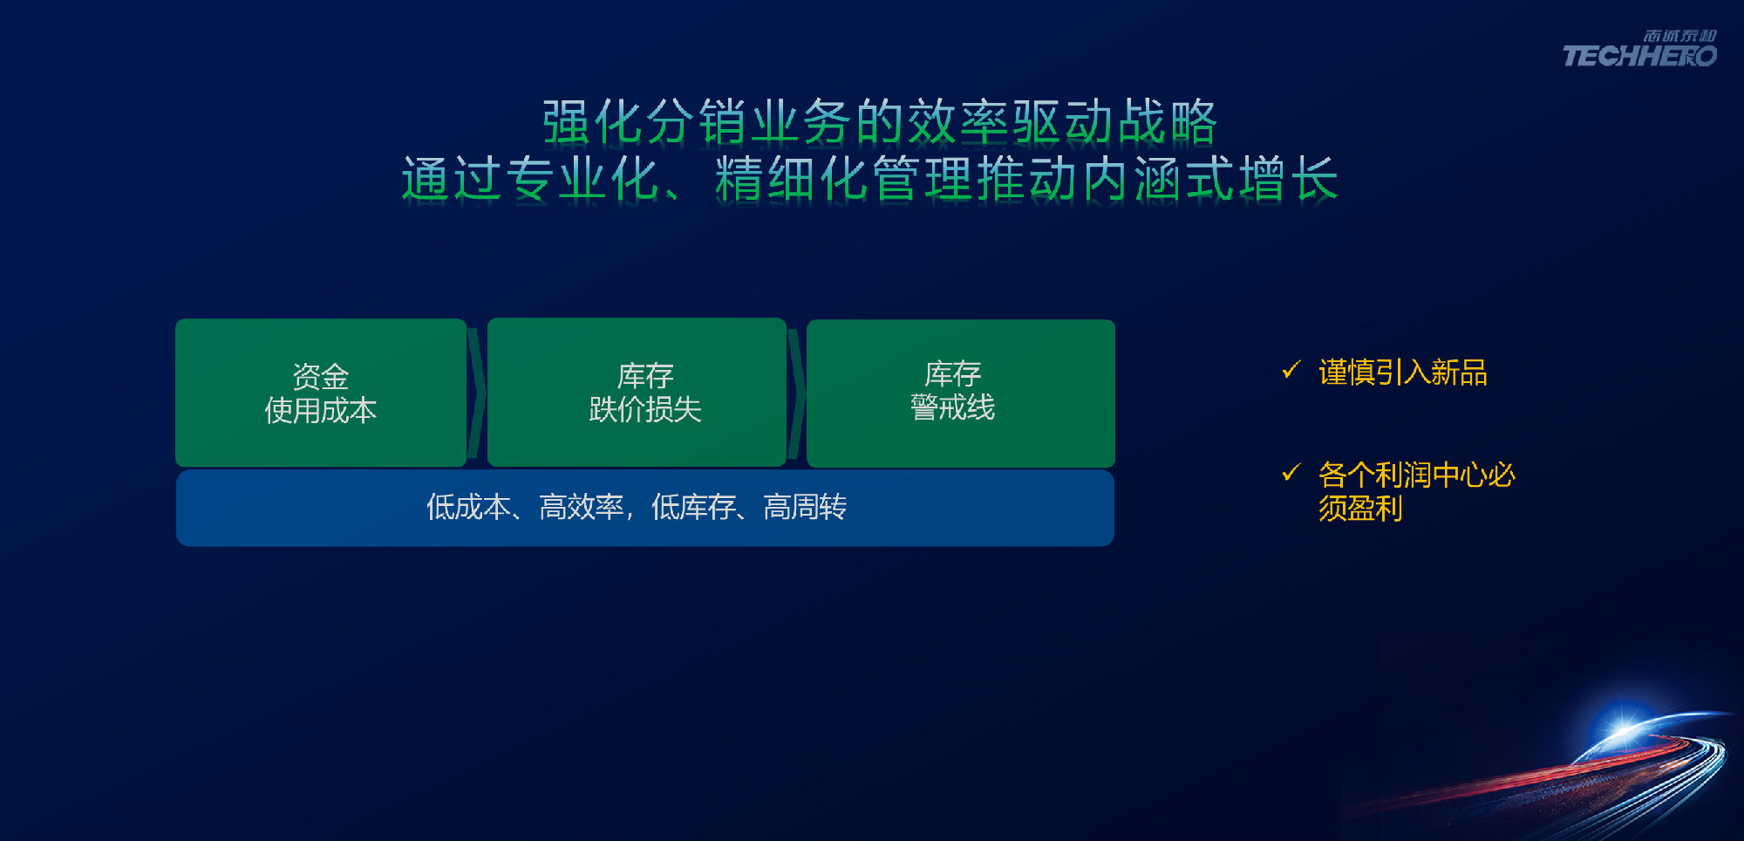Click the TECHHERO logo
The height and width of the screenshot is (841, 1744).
coord(1639,50)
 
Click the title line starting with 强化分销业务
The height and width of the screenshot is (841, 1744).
coord(879,121)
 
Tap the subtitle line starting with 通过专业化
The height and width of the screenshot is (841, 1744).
coord(869,179)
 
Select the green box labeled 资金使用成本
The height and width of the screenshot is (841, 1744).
coord(321,393)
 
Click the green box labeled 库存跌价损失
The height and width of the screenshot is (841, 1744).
coord(637,393)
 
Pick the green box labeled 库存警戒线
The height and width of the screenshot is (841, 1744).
coord(961,393)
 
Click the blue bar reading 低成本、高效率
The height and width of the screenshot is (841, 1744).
coord(645,508)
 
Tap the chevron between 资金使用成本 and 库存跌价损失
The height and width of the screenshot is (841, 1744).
coord(477,393)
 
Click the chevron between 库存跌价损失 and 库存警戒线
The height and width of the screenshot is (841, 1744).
coord(797,393)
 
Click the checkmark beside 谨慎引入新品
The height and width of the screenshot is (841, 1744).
coord(1291,370)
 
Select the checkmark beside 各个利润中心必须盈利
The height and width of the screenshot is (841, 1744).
coord(1291,472)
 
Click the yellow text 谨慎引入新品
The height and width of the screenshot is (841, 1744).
coord(1403,373)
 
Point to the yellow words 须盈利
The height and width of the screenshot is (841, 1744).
coord(1360,508)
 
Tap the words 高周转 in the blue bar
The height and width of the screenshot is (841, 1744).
coord(805,507)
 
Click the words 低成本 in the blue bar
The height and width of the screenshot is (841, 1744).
coord(468,507)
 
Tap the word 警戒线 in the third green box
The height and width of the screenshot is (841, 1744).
coord(952,407)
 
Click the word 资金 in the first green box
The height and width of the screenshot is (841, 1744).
coord(321,377)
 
